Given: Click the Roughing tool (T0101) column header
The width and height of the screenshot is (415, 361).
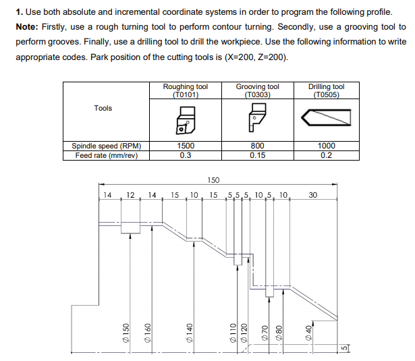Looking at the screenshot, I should click(x=186, y=90).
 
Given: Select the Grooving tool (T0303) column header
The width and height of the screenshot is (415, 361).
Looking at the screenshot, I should click(x=257, y=90).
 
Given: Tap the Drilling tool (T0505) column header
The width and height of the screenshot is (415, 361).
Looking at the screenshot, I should click(x=326, y=90).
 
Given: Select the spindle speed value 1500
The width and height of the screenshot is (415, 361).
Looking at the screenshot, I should click(x=186, y=146).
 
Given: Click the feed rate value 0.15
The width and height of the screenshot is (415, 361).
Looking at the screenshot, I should click(x=257, y=155).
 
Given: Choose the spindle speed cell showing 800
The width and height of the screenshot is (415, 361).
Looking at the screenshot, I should click(x=257, y=146).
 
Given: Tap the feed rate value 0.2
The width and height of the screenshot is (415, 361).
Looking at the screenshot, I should click(x=326, y=155).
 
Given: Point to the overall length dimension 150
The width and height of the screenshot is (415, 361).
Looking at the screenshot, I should click(x=213, y=180).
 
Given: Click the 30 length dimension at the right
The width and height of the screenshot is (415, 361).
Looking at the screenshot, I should click(x=312, y=195).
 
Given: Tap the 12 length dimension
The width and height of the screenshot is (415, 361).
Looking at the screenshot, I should click(x=131, y=195).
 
